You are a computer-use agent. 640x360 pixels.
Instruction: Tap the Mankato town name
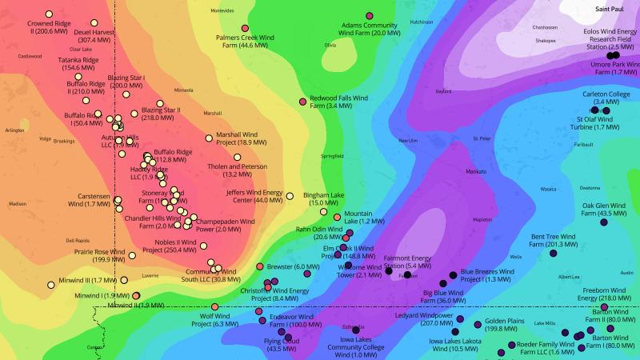476,171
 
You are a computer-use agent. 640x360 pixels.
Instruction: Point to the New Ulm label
408,140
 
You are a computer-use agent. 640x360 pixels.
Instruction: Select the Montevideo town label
222,11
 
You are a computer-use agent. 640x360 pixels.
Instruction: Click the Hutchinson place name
421,22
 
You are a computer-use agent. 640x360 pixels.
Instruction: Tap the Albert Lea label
570,277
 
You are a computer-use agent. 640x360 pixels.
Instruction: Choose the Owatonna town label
590,187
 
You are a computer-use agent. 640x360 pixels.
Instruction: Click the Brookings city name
64,141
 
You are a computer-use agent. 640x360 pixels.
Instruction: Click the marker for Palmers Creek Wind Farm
245,29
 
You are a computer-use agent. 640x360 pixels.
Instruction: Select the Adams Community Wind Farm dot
370,16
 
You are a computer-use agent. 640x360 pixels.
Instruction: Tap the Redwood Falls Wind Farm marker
302,102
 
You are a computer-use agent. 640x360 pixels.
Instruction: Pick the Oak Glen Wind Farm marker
604,223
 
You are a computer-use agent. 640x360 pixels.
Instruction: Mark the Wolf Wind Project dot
214,307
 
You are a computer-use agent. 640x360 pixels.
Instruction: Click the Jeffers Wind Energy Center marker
290,196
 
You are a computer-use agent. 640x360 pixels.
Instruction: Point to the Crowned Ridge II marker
49,14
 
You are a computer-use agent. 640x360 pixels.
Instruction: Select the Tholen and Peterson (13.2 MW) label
237,170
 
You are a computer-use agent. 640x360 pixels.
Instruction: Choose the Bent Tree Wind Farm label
554,241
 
